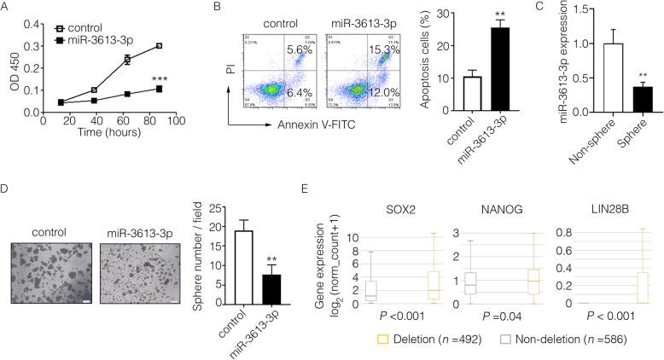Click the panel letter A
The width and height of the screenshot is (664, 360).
pos(8,8)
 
